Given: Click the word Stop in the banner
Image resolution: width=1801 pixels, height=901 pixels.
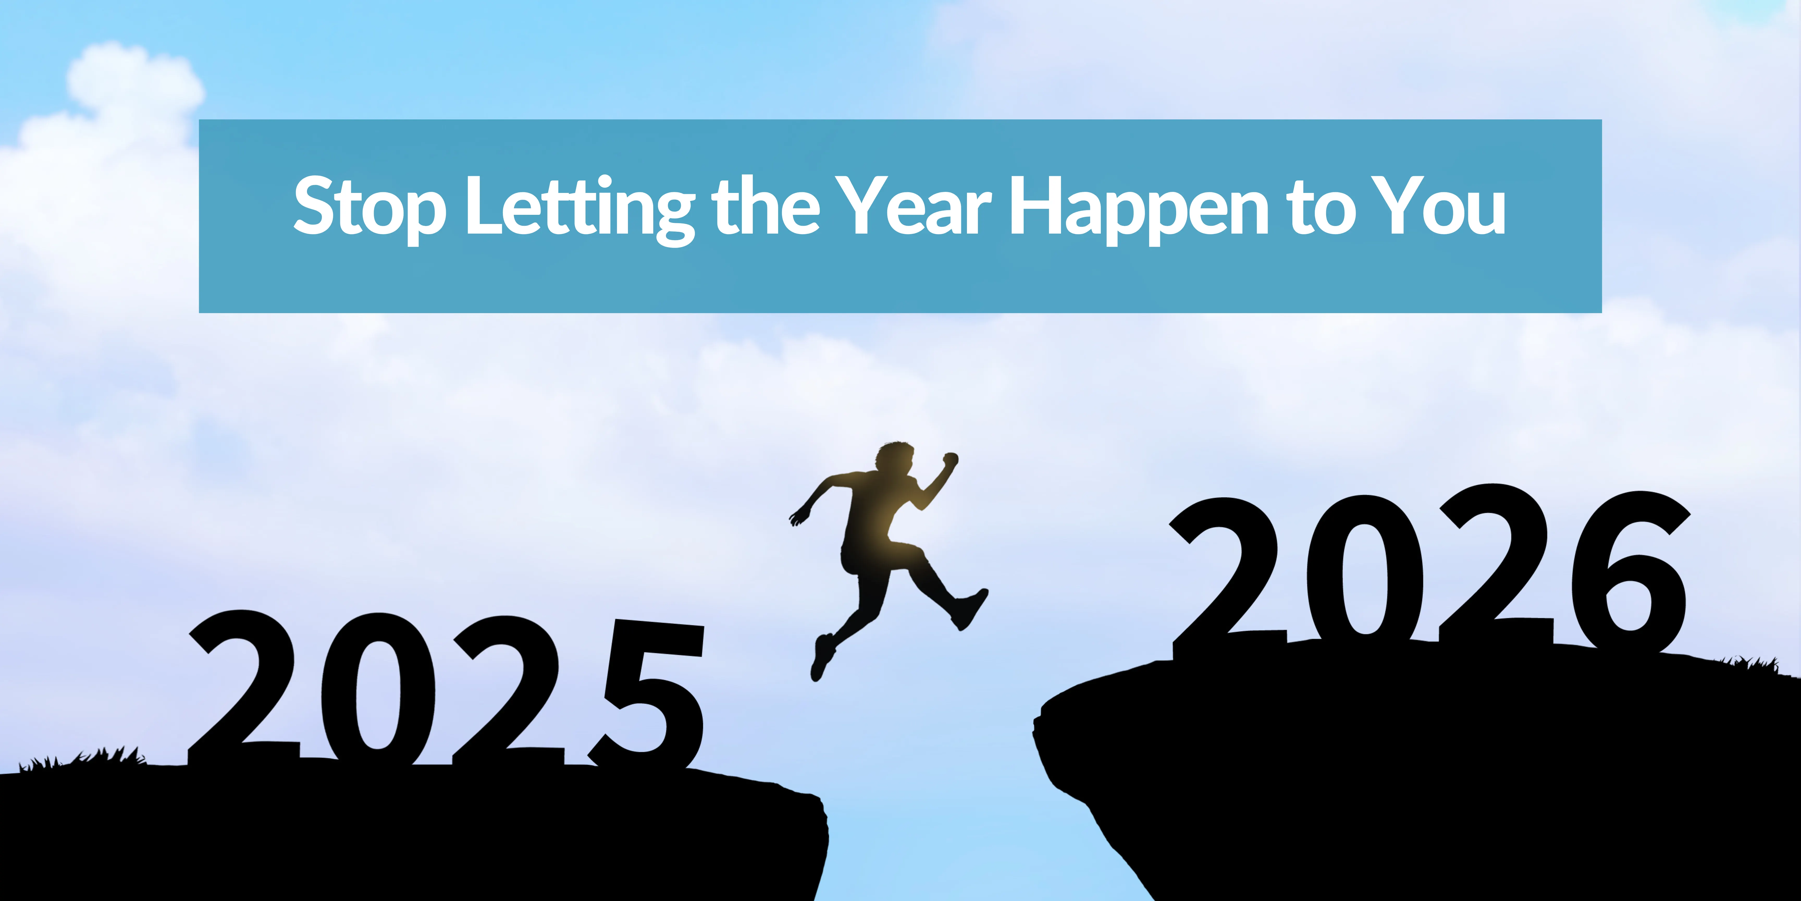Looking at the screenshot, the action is coord(369,207).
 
